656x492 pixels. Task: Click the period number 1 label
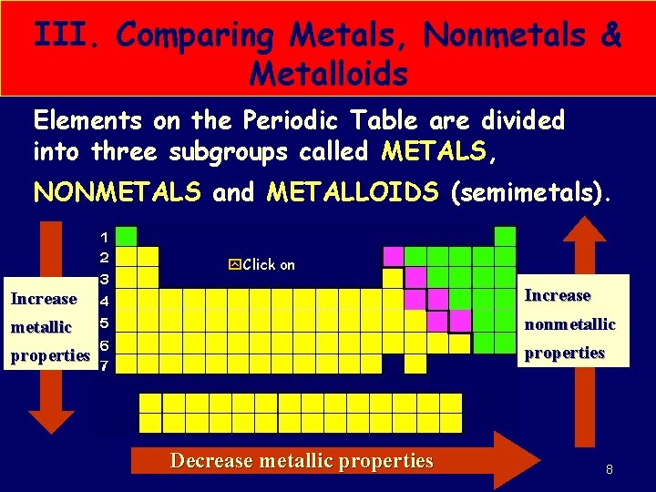click(104, 236)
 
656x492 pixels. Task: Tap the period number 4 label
click(104, 300)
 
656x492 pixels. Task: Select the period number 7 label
click(104, 365)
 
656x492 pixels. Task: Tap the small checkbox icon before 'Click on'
click(234, 265)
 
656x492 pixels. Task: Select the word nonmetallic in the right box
click(571, 323)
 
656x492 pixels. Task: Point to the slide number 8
click(609, 470)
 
